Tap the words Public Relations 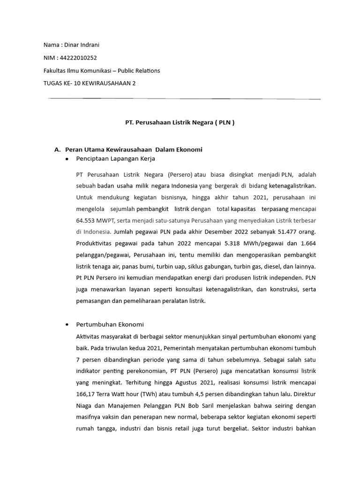click(x=139, y=70)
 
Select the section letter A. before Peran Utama click(x=58, y=150)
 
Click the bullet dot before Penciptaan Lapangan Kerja click(x=67, y=159)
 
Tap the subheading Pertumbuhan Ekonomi click(x=110, y=324)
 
